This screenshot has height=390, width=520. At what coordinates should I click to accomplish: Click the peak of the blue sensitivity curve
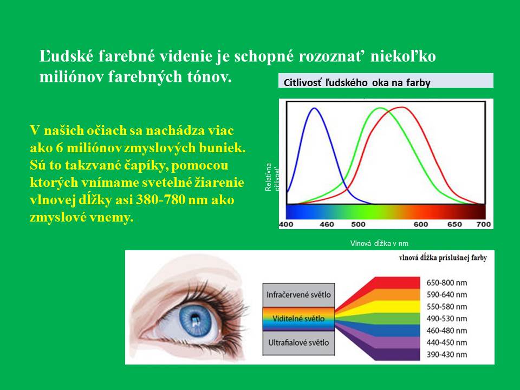314,108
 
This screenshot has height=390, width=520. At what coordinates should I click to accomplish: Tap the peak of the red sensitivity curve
402,107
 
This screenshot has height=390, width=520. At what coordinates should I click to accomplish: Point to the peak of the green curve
380,108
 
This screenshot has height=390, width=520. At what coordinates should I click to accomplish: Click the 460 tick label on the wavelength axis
327,224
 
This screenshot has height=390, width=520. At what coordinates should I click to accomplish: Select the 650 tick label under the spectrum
454,224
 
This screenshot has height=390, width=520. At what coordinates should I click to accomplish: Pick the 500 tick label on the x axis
358,224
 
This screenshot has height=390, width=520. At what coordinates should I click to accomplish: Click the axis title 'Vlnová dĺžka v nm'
379,243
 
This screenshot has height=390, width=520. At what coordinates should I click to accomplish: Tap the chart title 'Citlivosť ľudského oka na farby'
357,82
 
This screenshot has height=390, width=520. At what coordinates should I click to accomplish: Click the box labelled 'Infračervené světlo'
298,295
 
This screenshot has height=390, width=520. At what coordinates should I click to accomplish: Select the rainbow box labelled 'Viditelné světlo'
298,318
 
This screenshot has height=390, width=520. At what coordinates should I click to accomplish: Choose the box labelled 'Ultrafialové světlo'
298,343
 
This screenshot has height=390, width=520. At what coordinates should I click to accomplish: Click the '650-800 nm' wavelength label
447,283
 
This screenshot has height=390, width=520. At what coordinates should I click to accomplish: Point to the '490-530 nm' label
447,318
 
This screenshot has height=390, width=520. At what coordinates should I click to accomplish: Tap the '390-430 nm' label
447,354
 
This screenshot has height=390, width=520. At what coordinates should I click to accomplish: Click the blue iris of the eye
196,320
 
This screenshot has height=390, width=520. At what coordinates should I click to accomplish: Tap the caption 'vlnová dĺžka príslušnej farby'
443,258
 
